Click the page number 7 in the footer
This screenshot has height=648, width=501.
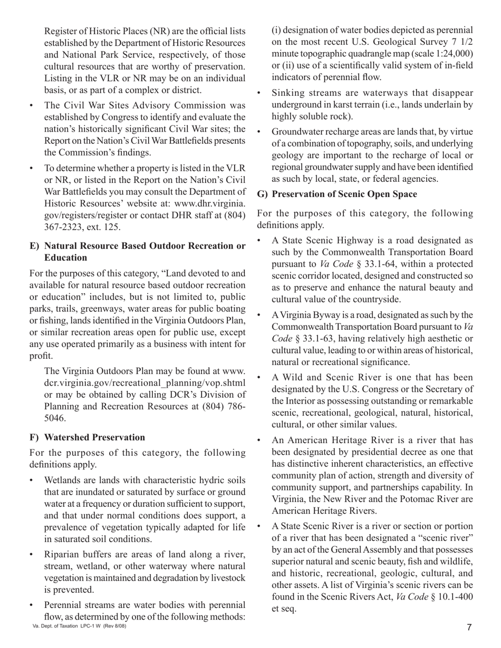469,627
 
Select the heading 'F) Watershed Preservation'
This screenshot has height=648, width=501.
87,437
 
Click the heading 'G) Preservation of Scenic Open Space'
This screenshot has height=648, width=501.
337,194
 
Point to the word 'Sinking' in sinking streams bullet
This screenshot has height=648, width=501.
287,93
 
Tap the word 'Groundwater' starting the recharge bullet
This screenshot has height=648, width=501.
297,131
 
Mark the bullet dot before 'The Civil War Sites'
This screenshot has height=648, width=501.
32,105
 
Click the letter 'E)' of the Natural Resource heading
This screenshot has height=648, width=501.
35,246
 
